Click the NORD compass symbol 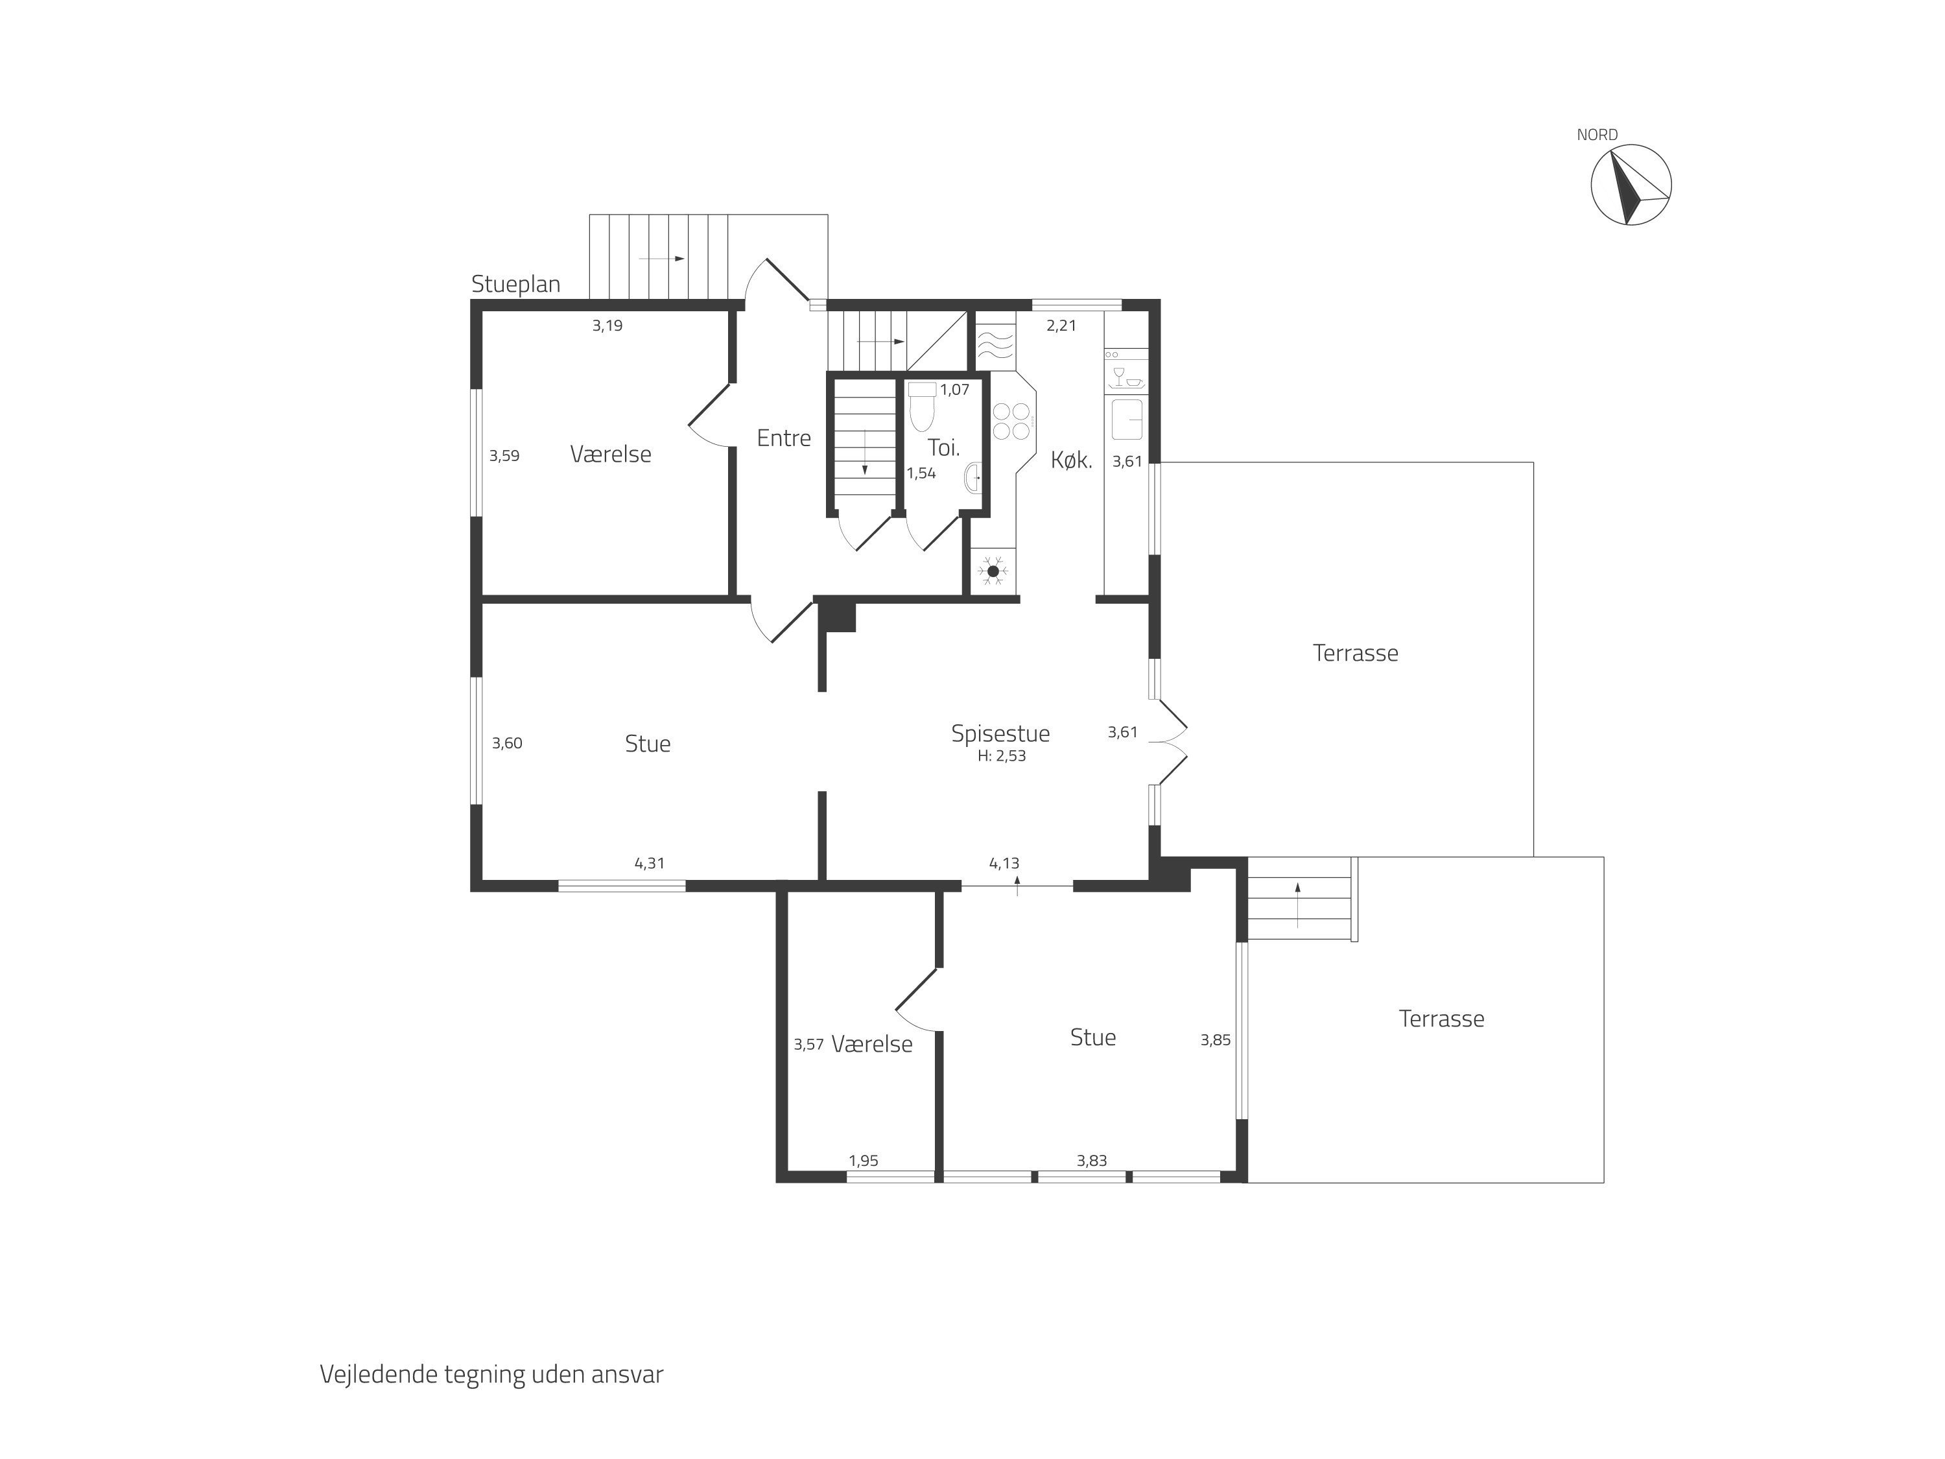point(1631,185)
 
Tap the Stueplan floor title point(515,284)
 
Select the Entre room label point(783,438)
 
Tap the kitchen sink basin point(1127,419)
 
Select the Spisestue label point(1000,733)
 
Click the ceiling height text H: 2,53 point(1002,756)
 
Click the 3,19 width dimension point(607,326)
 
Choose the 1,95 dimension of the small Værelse point(864,1161)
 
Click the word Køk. point(1072,460)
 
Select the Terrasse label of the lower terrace point(1441,1019)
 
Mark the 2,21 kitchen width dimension point(1061,326)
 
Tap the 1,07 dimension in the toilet point(954,390)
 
